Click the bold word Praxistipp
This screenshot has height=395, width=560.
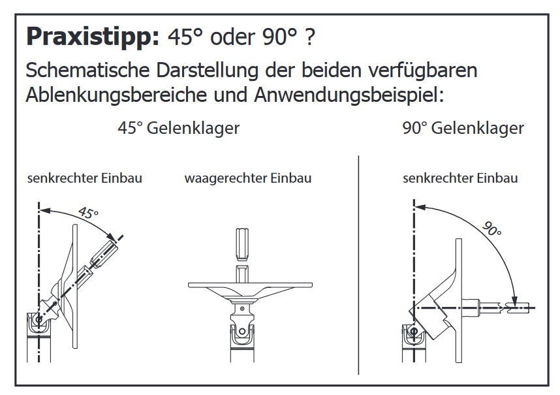click(93, 37)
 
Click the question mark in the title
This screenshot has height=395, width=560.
click(310, 37)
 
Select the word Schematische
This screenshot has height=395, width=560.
click(87, 70)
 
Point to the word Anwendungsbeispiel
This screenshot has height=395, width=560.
click(349, 95)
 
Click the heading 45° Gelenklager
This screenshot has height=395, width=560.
click(179, 128)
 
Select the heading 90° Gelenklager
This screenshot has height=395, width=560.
click(463, 128)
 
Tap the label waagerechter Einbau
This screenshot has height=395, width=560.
click(248, 178)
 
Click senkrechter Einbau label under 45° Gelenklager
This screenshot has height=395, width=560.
click(85, 178)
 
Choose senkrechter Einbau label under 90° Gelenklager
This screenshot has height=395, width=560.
click(460, 178)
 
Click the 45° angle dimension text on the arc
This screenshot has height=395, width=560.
click(88, 212)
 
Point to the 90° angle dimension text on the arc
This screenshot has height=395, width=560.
click(491, 229)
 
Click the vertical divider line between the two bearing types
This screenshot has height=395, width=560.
click(358, 264)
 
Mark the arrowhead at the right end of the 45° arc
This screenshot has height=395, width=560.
click(112, 236)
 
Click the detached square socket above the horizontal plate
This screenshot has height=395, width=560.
click(242, 245)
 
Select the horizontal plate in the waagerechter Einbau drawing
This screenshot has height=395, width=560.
click(250, 285)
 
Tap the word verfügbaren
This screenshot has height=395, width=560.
click(422, 70)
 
